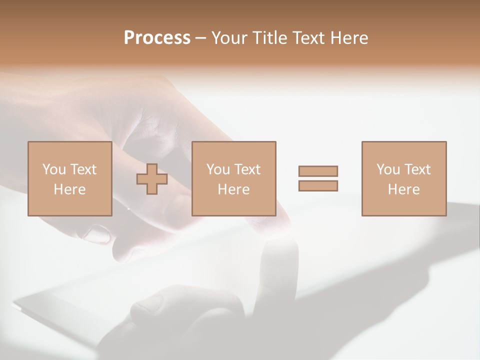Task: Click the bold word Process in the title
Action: pos(157,37)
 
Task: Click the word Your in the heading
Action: pos(229,37)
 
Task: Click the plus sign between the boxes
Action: pos(152,179)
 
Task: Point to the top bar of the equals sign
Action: pos(318,171)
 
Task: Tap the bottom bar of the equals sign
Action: pos(318,185)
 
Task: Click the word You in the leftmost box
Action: pos(54,169)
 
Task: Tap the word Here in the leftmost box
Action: pos(69,189)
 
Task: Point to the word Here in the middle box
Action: pos(233,189)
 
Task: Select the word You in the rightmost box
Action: pos(388,169)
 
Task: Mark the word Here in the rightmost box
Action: pos(403,189)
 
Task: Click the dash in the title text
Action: pos(200,38)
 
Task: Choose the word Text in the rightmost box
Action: pos(416,169)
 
